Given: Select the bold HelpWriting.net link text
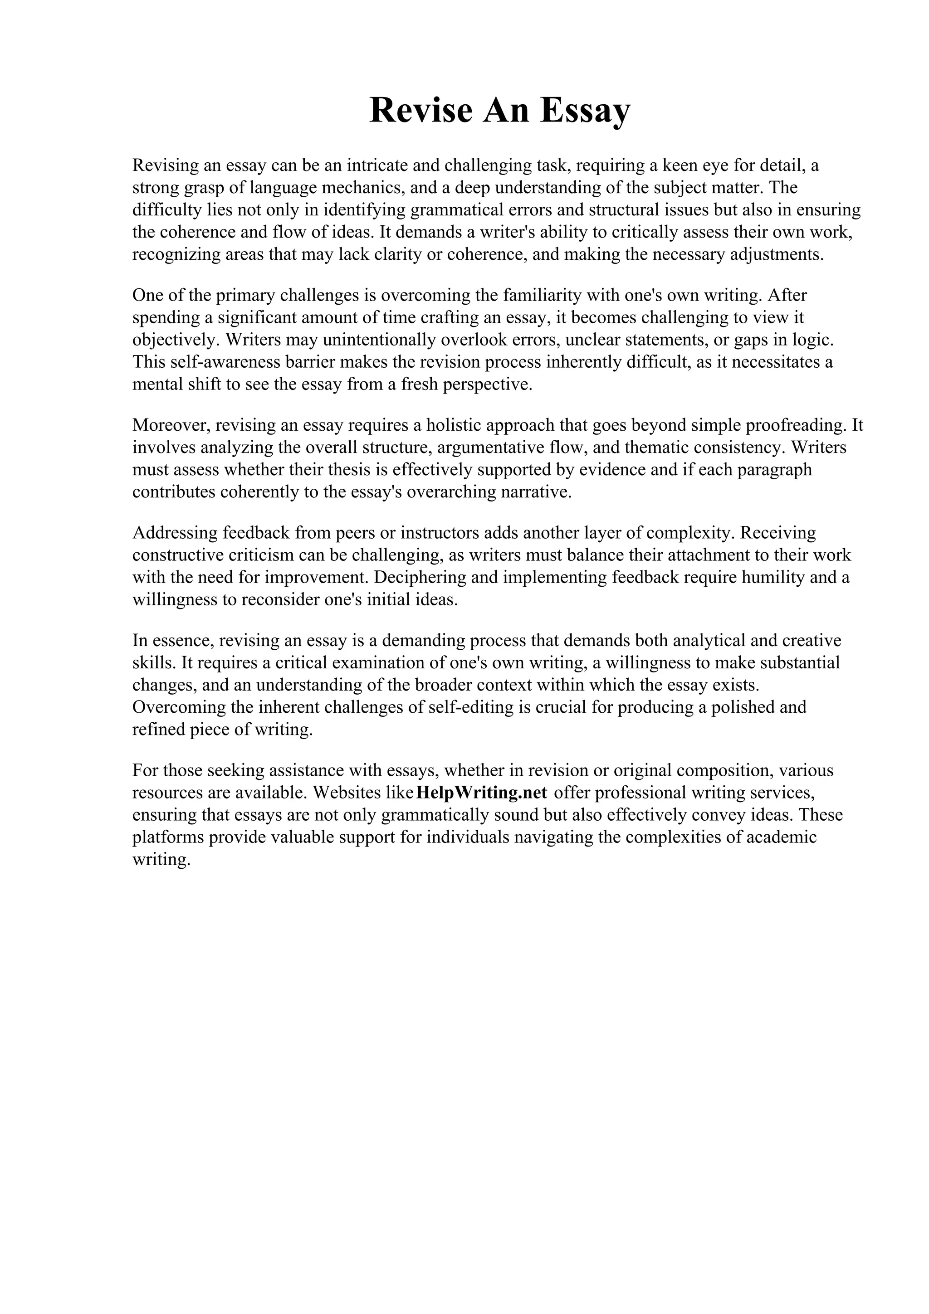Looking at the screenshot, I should click(482, 793).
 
